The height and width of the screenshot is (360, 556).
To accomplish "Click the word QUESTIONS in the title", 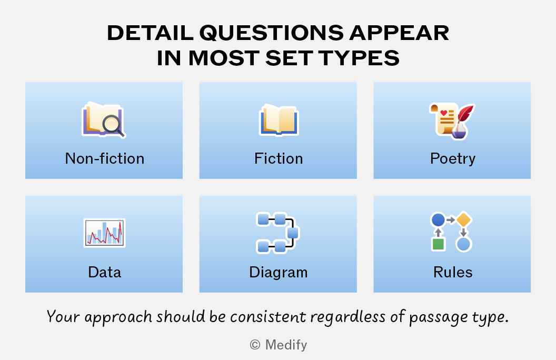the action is pyautogui.click(x=272, y=33).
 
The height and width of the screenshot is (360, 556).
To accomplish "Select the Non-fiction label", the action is pyautogui.click(x=105, y=158).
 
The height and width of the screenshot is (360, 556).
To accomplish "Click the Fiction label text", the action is pyautogui.click(x=279, y=158).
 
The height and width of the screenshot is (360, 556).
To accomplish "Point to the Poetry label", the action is pyautogui.click(x=452, y=159).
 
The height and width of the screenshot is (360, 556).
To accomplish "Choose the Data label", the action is pyautogui.click(x=105, y=272).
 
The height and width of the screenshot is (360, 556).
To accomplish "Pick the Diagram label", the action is pyautogui.click(x=279, y=273).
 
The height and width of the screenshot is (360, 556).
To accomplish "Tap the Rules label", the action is pyautogui.click(x=453, y=272).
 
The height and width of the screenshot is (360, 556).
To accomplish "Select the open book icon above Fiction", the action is pyautogui.click(x=279, y=121).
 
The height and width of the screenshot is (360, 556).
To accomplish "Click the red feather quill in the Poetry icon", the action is pyautogui.click(x=465, y=114).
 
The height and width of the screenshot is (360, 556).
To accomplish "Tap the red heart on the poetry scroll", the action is pyautogui.click(x=444, y=113).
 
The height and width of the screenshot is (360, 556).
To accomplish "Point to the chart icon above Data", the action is pyautogui.click(x=105, y=233).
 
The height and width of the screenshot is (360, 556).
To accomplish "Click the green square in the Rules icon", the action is pyautogui.click(x=438, y=244).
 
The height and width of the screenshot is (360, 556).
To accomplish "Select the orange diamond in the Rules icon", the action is pyautogui.click(x=463, y=219).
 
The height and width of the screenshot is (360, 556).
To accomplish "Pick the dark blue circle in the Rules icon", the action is pyautogui.click(x=438, y=219).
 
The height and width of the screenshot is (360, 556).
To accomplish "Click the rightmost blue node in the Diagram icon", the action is pyautogui.click(x=293, y=233).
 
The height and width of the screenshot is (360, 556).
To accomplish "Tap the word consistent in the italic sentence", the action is pyautogui.click(x=267, y=317).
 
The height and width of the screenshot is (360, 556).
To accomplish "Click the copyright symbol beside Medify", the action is pyautogui.click(x=255, y=344).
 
